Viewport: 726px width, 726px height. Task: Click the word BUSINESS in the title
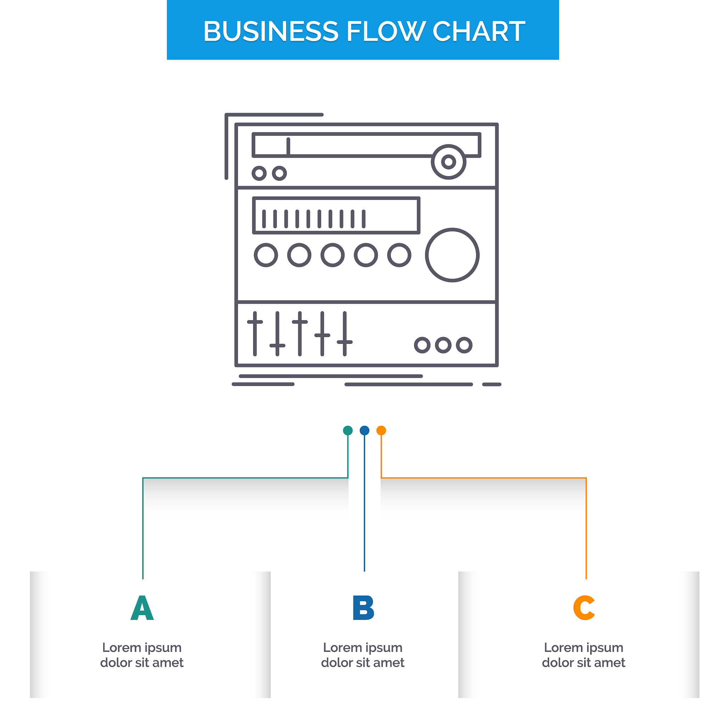click(270, 31)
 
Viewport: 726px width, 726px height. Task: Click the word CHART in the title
click(478, 31)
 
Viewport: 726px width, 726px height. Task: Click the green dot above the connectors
click(348, 430)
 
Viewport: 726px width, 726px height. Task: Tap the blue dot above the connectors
click(364, 430)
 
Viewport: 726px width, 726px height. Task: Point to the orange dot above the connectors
click(381, 430)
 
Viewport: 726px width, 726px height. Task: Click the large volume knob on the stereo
click(452, 255)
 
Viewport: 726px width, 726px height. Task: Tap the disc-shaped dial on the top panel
click(448, 162)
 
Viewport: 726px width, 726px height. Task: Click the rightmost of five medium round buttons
click(399, 255)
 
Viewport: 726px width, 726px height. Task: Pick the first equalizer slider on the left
click(255, 333)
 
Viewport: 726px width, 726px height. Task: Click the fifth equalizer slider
click(345, 333)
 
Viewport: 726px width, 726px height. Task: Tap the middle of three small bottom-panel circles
click(443, 345)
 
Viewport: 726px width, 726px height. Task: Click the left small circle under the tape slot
click(259, 173)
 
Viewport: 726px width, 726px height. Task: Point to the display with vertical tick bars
click(336, 216)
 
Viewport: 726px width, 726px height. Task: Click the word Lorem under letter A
click(121, 647)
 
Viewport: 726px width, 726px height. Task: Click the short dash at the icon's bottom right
click(492, 384)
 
